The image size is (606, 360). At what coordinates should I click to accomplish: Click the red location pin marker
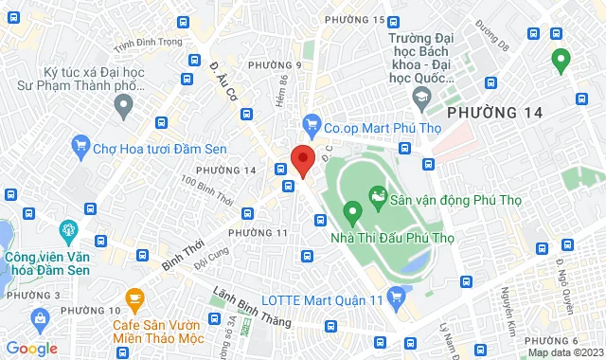302,159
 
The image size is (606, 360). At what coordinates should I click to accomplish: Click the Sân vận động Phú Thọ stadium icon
379,198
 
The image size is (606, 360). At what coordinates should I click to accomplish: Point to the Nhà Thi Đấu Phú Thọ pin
352,211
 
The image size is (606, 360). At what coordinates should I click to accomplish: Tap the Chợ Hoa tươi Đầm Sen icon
80,147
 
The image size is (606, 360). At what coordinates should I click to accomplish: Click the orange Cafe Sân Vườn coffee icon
134,300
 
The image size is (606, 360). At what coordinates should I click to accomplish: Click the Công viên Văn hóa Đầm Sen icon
67,229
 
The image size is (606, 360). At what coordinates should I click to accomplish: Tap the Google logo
30,349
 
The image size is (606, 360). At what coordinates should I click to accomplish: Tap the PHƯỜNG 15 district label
354,20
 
